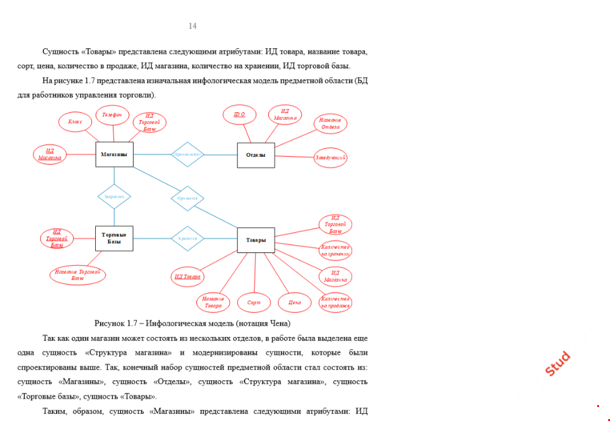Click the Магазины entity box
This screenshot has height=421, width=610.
pos(115,155)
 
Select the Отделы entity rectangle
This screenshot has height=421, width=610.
pos(256,155)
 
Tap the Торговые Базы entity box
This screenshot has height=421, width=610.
pos(114,238)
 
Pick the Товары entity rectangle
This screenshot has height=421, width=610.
pos(256,240)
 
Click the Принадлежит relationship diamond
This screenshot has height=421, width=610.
pos(187,155)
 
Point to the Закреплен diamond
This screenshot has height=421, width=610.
pos(114,196)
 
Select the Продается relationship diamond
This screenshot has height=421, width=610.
pos(187,199)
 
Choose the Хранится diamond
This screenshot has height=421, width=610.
pos(187,239)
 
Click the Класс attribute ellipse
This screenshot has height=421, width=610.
pos(75,122)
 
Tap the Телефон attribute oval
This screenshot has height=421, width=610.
pos(112,115)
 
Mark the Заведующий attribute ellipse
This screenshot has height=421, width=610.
pos(331,158)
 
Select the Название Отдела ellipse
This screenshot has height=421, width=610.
pos(331,124)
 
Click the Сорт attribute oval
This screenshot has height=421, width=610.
pos(254,302)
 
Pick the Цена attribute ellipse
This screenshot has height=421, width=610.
pos(295,302)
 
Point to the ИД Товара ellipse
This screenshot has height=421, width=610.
pos(187,277)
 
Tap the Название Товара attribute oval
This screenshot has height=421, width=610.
pos(213,302)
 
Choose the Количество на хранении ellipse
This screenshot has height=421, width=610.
pos(335,250)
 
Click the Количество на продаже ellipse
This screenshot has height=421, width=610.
pos(335,302)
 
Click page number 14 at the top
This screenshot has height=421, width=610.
pos(193,26)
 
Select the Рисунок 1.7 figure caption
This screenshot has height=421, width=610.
pos(192,323)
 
